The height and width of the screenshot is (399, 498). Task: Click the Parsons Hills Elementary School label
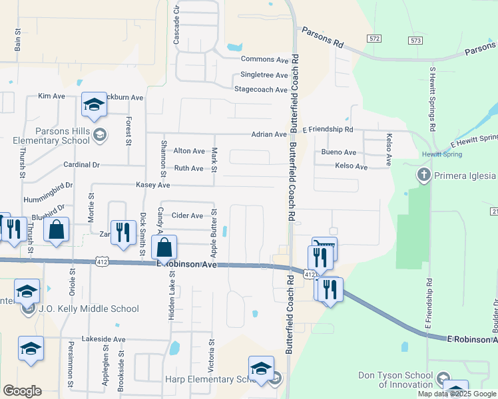click(52, 136)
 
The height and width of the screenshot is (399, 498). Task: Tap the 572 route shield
click(375, 39)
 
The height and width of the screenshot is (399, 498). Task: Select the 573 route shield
click(416, 41)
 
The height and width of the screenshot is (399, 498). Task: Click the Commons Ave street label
click(269, 60)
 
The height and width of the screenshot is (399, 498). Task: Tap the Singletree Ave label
click(264, 75)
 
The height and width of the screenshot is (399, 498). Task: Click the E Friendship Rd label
click(328, 130)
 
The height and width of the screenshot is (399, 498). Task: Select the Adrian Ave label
click(269, 134)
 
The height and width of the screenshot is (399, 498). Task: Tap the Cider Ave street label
click(187, 215)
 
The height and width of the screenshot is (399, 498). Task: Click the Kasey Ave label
click(153, 185)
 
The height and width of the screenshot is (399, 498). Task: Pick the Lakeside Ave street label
click(103, 339)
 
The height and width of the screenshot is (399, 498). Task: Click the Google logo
click(22, 391)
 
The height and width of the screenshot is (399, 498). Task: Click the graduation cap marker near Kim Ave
click(94, 104)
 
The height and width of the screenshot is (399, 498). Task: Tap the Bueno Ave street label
click(339, 152)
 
